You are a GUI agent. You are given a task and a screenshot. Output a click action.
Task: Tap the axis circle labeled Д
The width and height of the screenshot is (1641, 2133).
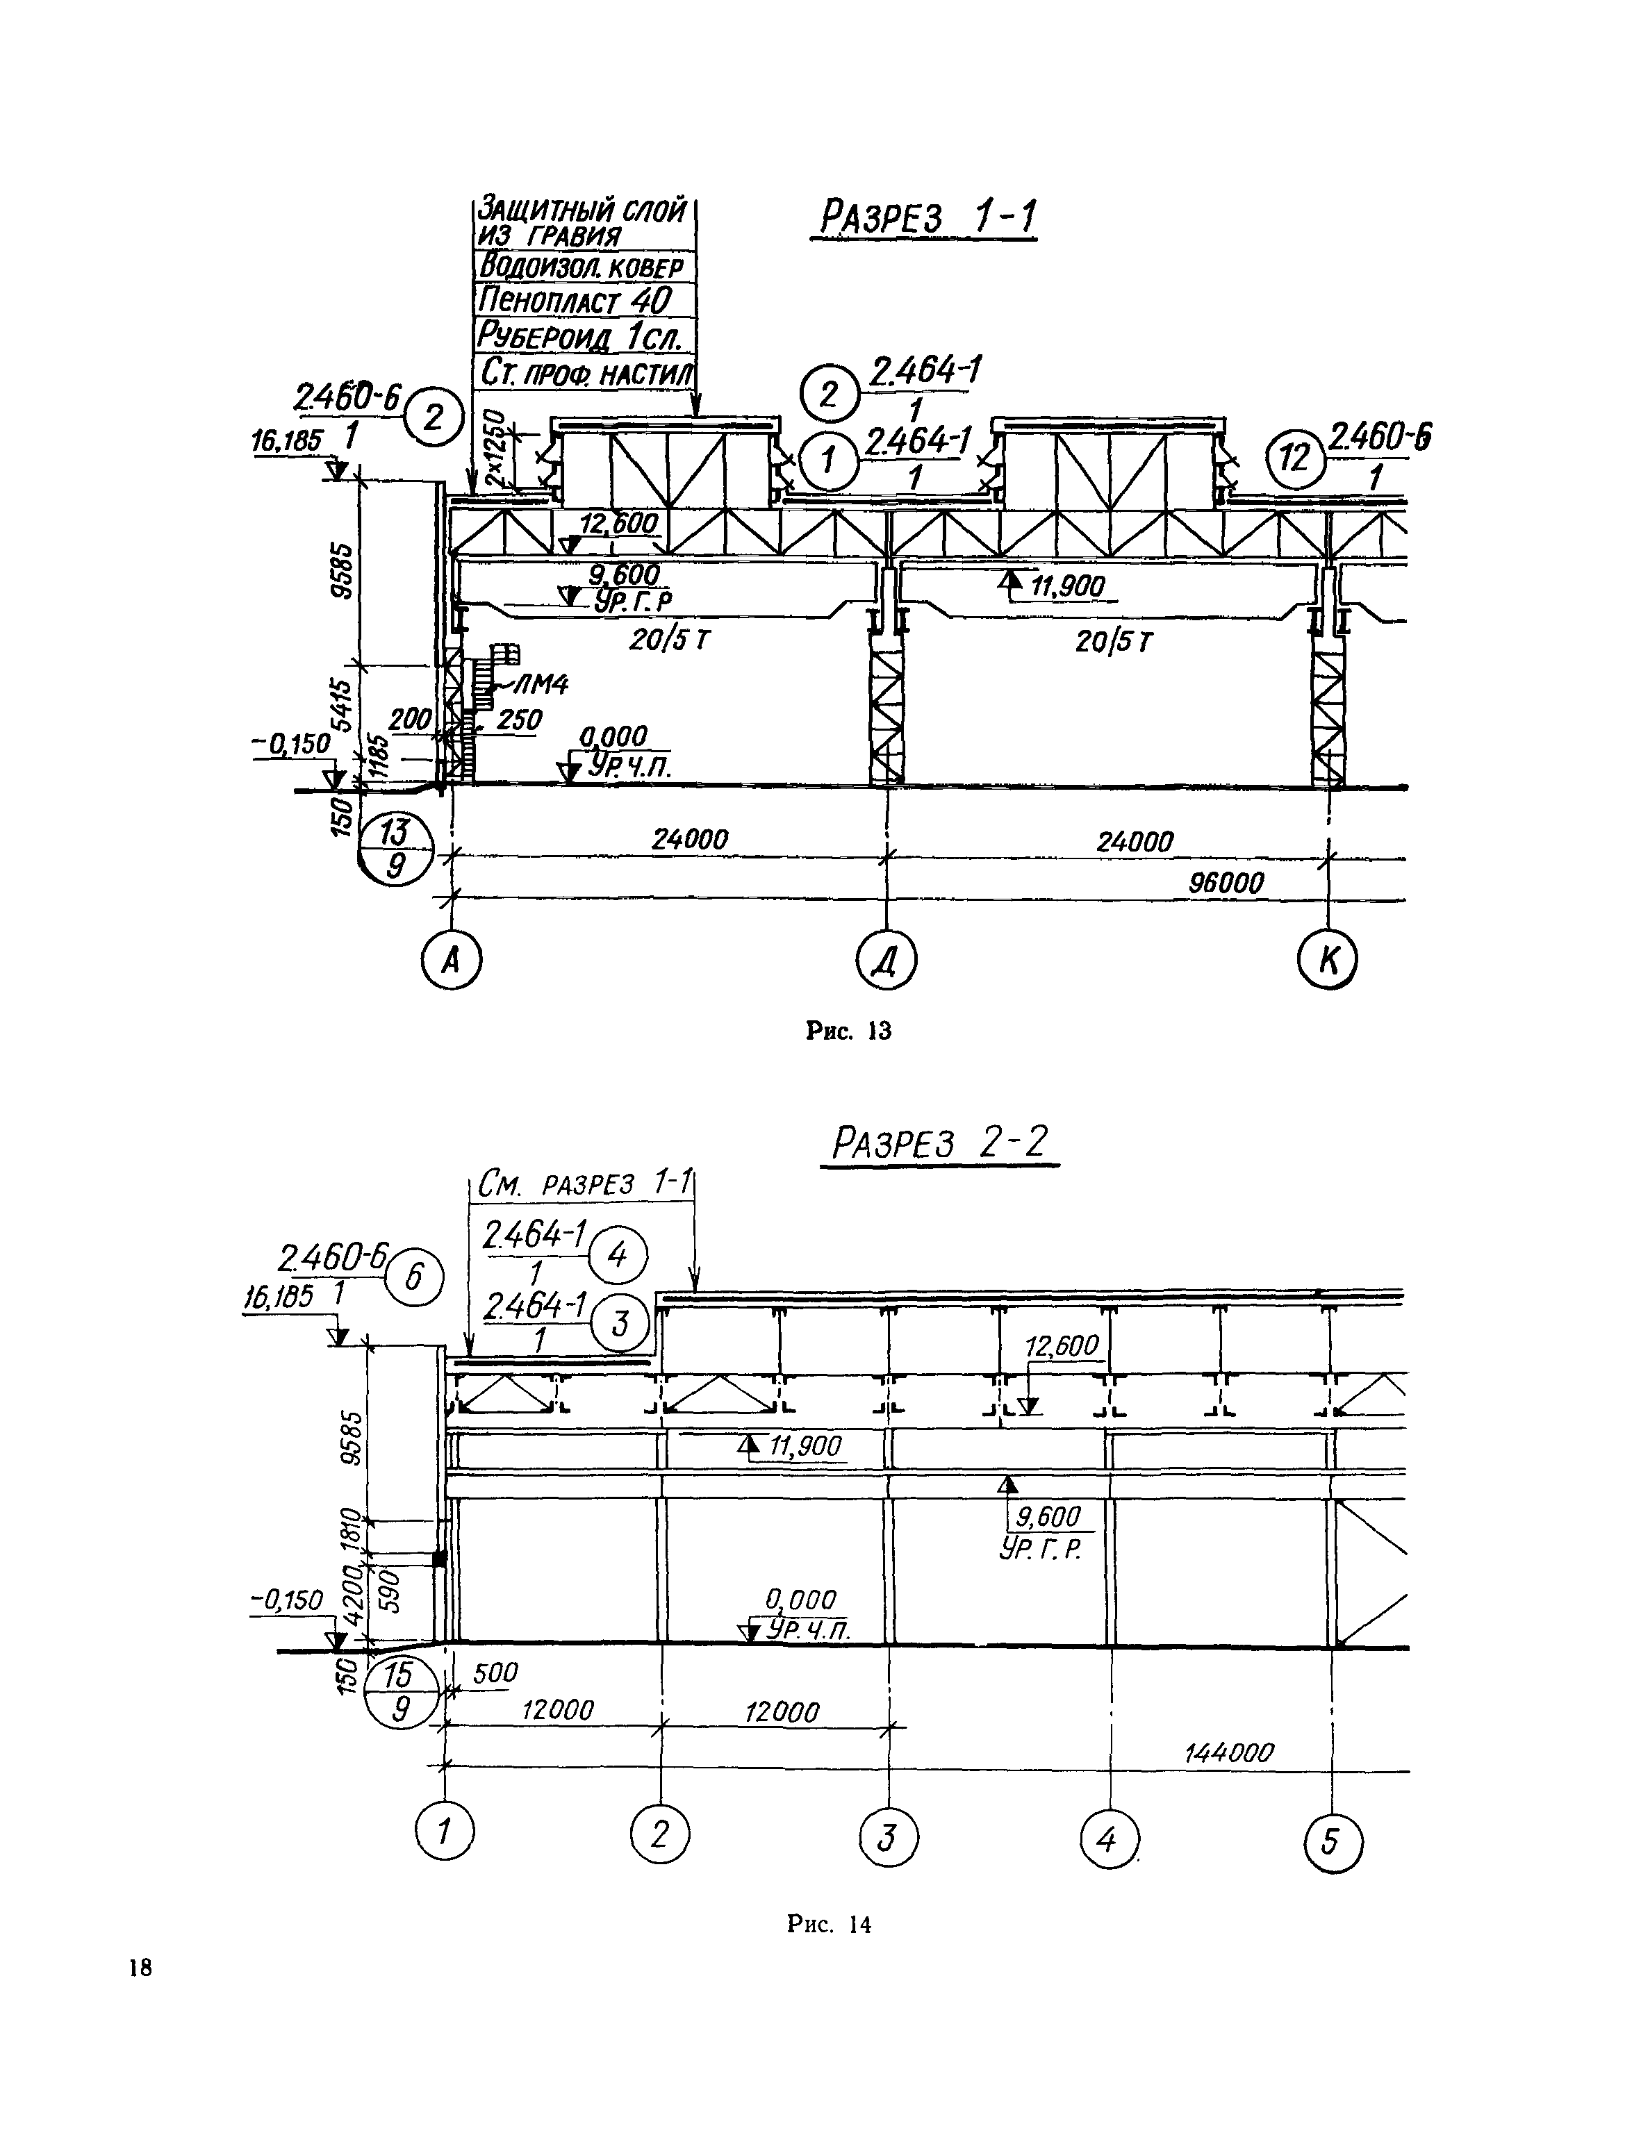coord(886,962)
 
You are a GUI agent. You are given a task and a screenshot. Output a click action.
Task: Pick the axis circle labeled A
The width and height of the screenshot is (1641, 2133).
coord(452,962)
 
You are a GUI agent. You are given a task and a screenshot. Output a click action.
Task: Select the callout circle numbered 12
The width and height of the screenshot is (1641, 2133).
coord(1295,457)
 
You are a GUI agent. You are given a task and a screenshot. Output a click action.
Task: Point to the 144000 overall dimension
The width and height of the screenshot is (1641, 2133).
coord(1229,1752)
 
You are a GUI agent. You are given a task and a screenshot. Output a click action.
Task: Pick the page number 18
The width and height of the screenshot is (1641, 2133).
coord(140,1967)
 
